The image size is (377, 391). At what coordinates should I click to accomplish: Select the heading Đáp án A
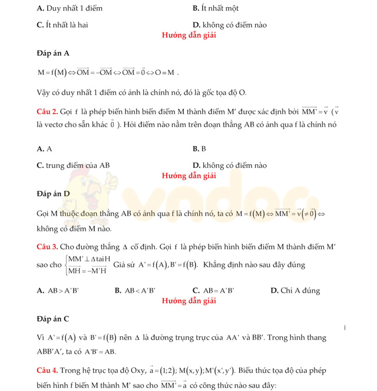tap(53, 54)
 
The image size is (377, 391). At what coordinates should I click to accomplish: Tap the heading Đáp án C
tap(53, 319)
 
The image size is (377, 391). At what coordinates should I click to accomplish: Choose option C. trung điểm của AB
tap(73, 166)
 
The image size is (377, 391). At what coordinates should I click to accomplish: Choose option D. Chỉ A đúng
tap(295, 290)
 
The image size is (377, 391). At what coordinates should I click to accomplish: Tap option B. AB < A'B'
tap(135, 290)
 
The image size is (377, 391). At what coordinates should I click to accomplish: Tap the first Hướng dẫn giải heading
tap(188, 35)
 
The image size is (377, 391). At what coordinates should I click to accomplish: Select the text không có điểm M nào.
tap(65, 228)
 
